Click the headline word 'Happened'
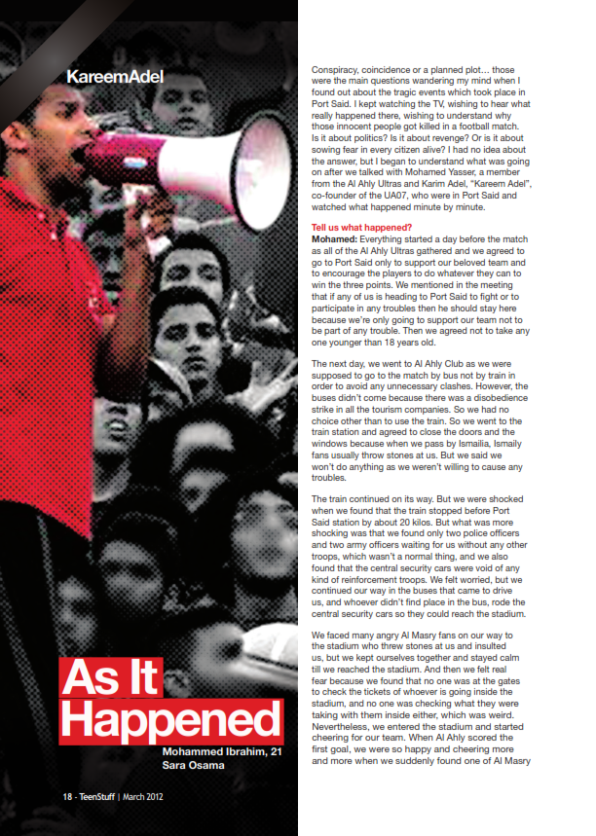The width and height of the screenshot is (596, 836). click(170, 723)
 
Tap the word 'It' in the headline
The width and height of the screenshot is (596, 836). click(144, 677)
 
